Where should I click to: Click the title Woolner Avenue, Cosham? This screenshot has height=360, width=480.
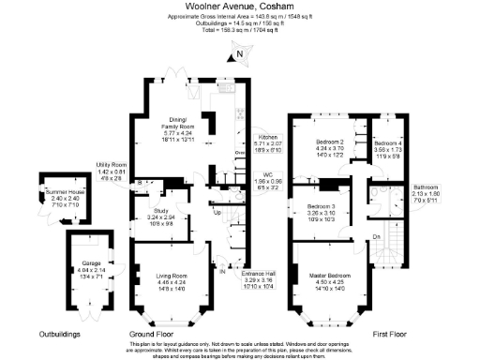coord(239,8)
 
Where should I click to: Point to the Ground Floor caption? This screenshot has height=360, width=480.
coord(152,334)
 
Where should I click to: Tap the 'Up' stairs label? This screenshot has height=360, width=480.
coord(218,213)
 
